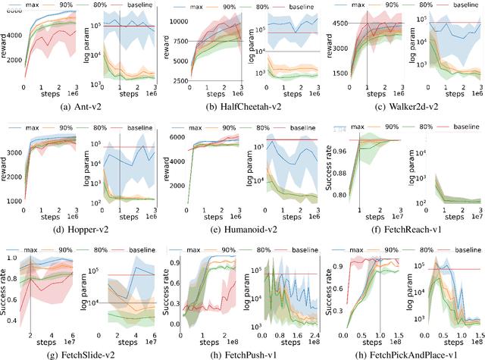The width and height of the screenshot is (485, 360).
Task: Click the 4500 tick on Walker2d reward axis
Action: tap(350, 23)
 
